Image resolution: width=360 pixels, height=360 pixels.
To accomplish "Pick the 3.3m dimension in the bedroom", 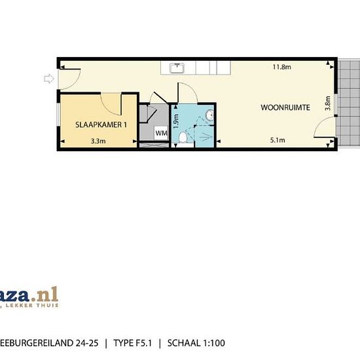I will pos(98,140).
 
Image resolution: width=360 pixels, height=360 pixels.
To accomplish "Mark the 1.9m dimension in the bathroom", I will pos(175,121).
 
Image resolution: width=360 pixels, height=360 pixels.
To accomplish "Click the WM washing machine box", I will pos(161,134).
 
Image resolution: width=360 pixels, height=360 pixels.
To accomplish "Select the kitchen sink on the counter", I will pos(177,67).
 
